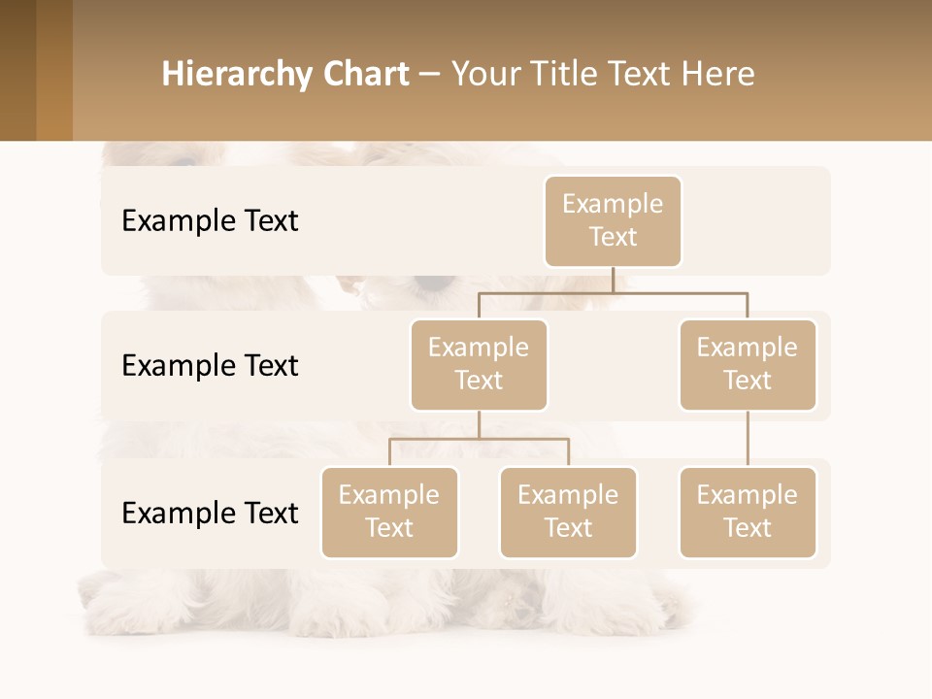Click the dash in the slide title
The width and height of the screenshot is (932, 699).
[x=430, y=76]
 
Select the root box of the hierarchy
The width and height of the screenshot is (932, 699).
[x=613, y=221]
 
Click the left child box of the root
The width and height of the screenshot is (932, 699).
[x=479, y=365]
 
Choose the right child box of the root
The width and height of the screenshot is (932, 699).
[x=748, y=365]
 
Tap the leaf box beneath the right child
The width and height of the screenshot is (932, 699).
[x=748, y=513]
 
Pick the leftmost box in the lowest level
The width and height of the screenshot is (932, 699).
[x=389, y=513]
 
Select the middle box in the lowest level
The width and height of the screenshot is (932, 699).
[x=568, y=513]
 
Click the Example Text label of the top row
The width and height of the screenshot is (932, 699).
[x=210, y=221]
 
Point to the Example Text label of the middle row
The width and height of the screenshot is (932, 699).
[x=210, y=366]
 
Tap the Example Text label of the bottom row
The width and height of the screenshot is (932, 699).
[x=210, y=513]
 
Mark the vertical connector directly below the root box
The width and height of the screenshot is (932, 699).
[x=613, y=280]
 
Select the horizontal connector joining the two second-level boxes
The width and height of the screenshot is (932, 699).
[x=613, y=292]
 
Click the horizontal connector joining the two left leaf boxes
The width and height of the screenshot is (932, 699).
[x=479, y=439]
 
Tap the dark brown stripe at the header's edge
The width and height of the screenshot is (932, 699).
[x=17, y=70]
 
